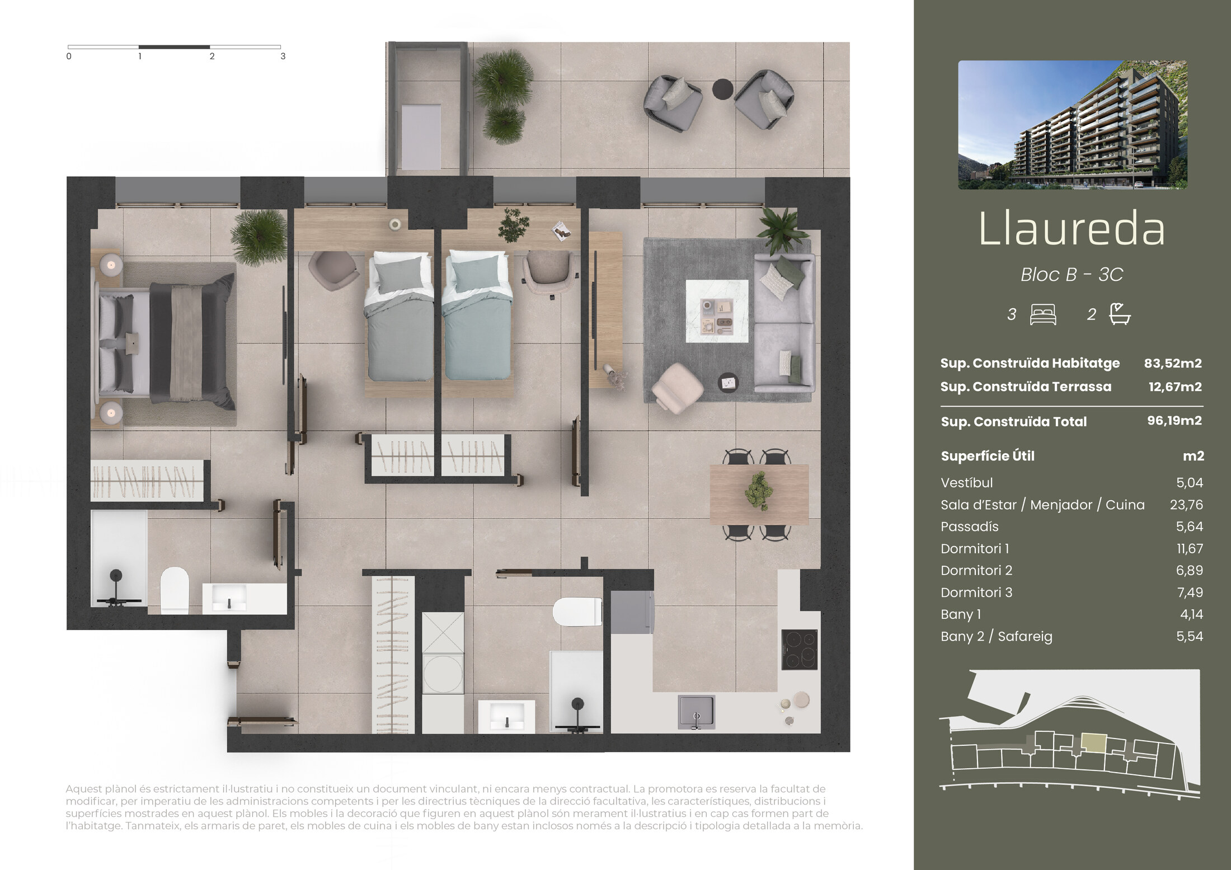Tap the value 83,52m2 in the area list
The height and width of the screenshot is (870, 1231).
1173,363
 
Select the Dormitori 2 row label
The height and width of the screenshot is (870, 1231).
976,570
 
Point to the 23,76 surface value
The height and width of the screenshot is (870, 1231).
1186,505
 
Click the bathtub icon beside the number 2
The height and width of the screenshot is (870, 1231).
1120,314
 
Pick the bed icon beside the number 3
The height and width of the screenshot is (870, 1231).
1043,314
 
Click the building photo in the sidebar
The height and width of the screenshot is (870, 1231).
1073,125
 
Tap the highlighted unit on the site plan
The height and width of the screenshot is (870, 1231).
1093,742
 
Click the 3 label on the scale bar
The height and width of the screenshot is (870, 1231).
283,56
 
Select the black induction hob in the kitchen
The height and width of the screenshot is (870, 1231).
800,650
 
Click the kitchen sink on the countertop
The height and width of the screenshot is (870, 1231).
696,712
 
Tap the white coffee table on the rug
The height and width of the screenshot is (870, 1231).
717,311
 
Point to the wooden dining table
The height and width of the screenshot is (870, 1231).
759,494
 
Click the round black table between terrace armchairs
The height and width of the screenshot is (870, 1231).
722,89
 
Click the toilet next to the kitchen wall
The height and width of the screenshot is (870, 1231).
577,612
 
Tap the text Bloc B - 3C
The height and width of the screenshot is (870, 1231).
1072,274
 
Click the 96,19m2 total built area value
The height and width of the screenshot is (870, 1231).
1174,421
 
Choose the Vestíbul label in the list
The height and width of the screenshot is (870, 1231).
967,482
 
